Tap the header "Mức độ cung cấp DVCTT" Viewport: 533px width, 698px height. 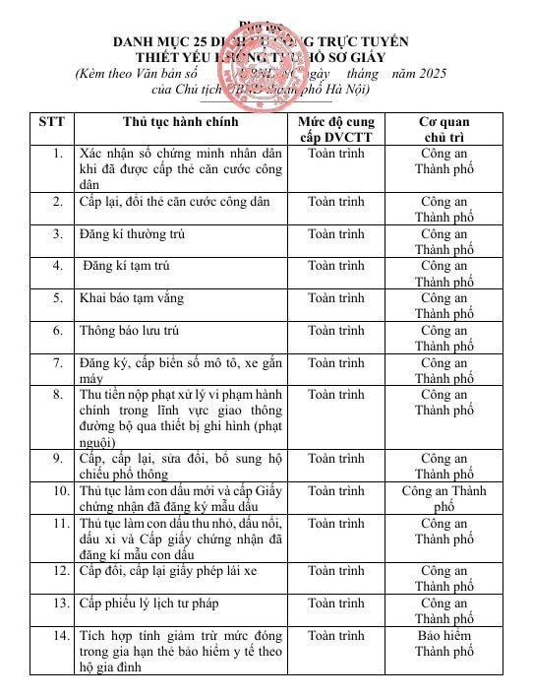pyautogui.click(x=336, y=128)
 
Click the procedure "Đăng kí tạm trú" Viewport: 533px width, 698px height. pyautogui.click(x=128, y=266)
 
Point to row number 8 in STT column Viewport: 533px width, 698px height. pyautogui.click(x=58, y=394)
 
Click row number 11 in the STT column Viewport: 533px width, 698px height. pyautogui.click(x=58, y=522)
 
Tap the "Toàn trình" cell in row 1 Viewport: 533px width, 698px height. pyautogui.click(x=335, y=154)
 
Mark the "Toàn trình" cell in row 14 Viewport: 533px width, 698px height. pyautogui.click(x=335, y=636)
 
